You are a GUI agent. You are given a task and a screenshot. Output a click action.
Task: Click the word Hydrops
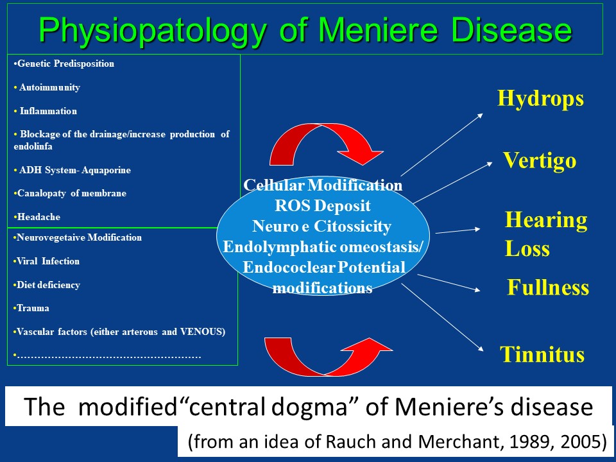tap(540, 99)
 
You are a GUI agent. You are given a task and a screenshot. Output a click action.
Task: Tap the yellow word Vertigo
tap(540, 160)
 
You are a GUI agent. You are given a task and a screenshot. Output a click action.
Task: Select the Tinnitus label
tap(542, 354)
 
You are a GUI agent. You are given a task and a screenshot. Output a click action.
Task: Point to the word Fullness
tap(547, 287)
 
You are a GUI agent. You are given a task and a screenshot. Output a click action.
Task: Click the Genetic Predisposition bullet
tap(64, 64)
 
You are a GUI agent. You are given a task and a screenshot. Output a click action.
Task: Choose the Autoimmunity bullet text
tap(47, 87)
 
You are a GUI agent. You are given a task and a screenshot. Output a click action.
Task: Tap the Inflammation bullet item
tap(46, 111)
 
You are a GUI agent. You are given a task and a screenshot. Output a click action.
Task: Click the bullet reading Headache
tap(37, 217)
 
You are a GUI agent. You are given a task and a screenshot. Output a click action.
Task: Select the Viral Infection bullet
tap(46, 261)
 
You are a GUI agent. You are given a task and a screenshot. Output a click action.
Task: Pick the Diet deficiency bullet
tap(47, 285)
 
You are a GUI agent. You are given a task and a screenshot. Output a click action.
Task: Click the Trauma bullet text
tap(31, 308)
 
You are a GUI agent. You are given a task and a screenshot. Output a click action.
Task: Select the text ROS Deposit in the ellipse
tap(323, 205)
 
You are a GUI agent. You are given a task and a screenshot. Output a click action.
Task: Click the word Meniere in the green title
tap(377, 30)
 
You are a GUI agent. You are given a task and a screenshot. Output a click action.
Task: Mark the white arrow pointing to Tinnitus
tap(442, 317)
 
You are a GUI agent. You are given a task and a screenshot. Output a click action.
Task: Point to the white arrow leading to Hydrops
tap(442, 144)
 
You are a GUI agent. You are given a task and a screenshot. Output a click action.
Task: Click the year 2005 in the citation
tap(583, 441)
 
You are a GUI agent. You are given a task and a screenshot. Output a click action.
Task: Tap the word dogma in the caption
tap(309, 407)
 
